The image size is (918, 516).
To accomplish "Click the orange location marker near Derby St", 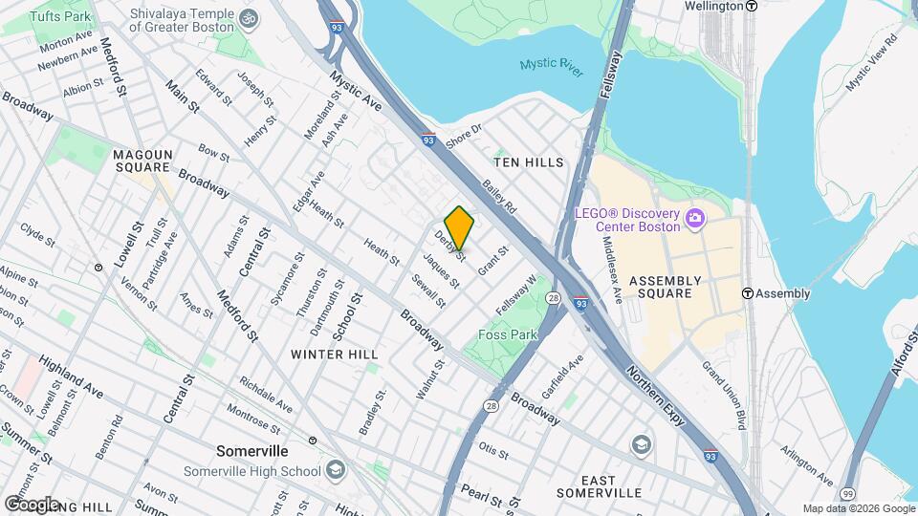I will click(x=459, y=227).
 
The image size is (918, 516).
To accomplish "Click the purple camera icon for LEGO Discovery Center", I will click(x=695, y=219).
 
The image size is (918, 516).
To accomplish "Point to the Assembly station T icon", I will click(x=748, y=293).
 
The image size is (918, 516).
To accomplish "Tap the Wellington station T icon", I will click(x=752, y=6).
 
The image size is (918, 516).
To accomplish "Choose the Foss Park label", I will click(x=507, y=334).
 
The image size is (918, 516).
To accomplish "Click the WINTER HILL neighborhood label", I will click(x=335, y=355).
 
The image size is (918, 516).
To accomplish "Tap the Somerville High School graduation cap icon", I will click(x=336, y=470).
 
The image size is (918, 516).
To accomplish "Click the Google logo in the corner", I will click(x=32, y=504).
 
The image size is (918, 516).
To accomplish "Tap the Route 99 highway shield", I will click(x=847, y=492).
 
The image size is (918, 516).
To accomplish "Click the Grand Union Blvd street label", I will click(x=724, y=394).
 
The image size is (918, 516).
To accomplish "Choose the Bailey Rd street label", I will click(x=499, y=197).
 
